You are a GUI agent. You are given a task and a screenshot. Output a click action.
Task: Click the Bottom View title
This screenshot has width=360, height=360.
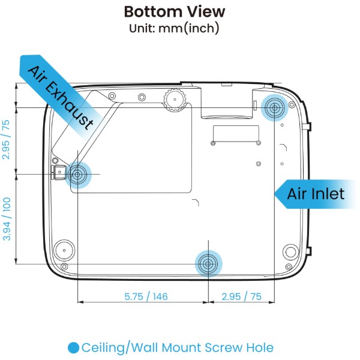click(175, 12)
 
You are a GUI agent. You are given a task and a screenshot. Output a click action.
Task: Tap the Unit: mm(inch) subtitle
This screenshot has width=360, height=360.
click(174, 28)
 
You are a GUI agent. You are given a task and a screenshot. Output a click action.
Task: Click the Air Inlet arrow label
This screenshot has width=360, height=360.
click(316, 194)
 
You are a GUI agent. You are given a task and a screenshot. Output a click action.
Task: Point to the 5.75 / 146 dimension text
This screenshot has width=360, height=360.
click(146, 296)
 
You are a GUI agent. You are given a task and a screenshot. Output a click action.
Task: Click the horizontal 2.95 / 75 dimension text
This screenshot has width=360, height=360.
click(242, 296)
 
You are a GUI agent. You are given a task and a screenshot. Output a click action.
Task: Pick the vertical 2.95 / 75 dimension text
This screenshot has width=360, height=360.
click(6, 139)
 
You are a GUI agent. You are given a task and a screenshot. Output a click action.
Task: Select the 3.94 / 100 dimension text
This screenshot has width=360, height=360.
click(7, 219)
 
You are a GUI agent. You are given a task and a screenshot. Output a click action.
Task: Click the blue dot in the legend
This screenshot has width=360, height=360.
click(73, 347)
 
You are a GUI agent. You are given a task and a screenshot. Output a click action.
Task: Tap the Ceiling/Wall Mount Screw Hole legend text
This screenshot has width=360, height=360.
click(178, 347)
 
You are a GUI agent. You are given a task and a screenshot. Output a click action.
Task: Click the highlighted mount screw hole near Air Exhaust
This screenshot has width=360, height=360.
click(77, 175)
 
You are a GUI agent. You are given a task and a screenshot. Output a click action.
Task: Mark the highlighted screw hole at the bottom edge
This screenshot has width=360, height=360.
click(208, 264)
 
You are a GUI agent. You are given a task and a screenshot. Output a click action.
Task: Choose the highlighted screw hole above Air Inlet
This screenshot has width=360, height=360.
click(274, 107)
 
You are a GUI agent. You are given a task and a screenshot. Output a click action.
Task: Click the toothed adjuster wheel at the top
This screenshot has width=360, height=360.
click(175, 100)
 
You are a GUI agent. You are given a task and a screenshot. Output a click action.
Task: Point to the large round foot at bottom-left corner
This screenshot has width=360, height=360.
click(64, 250)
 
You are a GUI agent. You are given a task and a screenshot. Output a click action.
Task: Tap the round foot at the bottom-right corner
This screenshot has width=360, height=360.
click(290, 251)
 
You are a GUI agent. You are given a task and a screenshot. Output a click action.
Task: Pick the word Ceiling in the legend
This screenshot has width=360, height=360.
click(103, 347)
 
